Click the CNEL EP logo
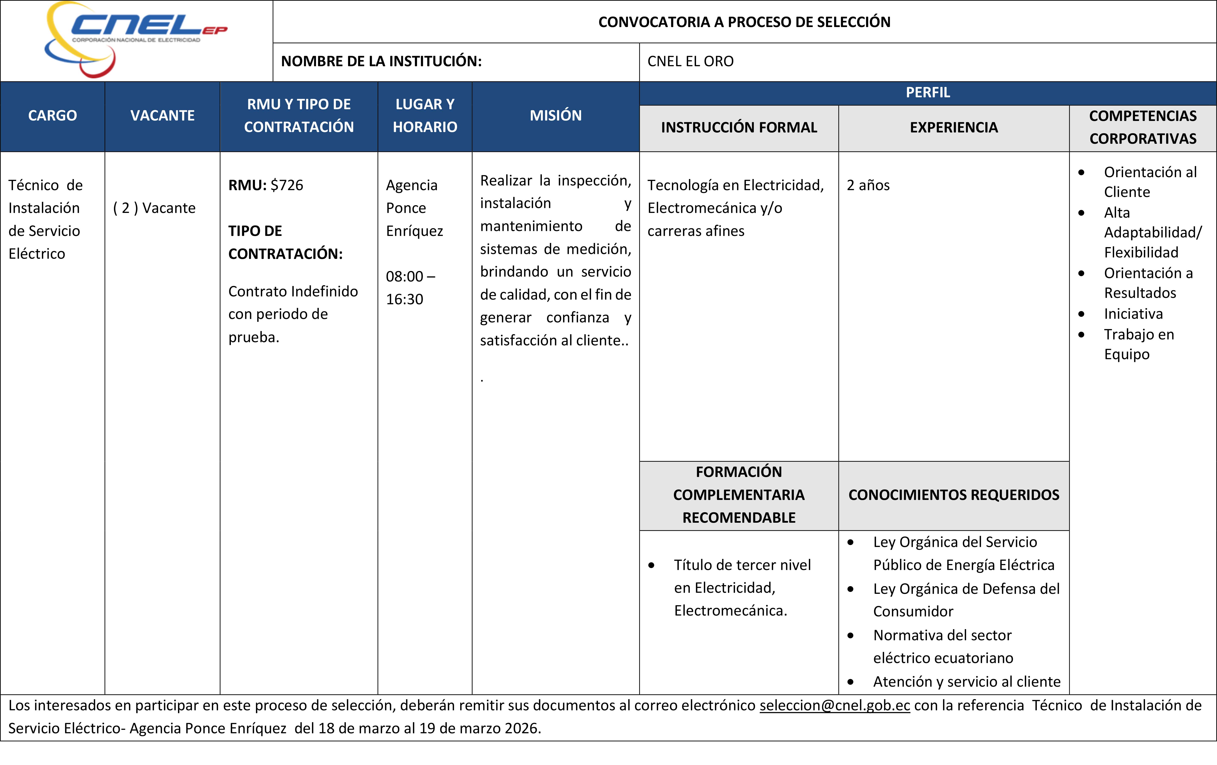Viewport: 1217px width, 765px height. pos(135,39)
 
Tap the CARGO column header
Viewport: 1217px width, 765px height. pos(53,116)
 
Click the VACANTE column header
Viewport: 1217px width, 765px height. pos(162,116)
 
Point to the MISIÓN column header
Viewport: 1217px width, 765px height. pos(555,116)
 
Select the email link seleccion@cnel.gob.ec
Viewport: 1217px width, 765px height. pos(834,705)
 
